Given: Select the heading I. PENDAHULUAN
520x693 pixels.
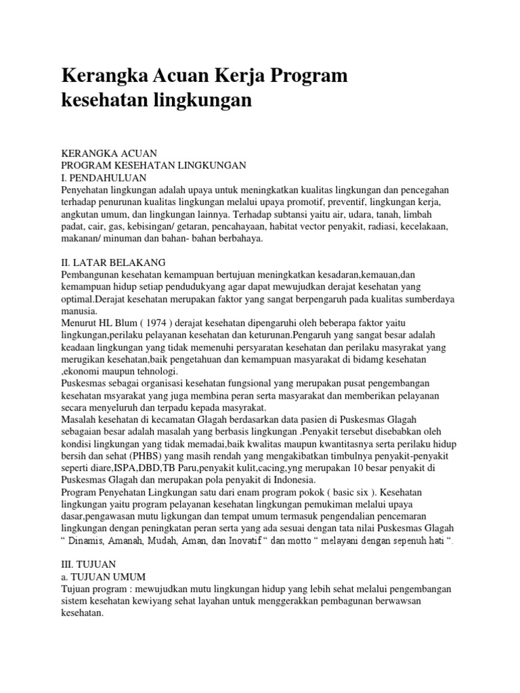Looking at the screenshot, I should (104, 177).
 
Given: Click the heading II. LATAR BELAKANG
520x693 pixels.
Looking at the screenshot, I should (118, 262).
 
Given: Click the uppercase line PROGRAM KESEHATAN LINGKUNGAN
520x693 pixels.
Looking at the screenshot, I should (154, 165).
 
